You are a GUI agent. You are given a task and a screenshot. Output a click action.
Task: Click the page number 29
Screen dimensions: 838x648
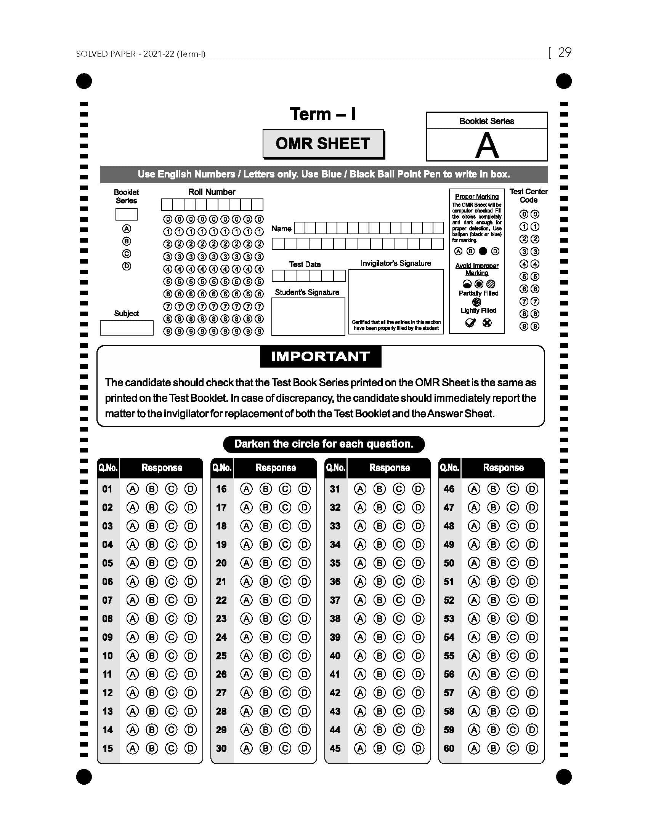pyautogui.click(x=564, y=52)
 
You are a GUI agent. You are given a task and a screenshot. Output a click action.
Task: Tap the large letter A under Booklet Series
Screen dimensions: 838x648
pyautogui.click(x=487, y=146)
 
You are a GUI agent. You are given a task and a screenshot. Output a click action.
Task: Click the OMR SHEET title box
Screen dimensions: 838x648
pyautogui.click(x=323, y=144)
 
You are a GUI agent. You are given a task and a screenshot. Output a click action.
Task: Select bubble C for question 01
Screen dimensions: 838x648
pyautogui.click(x=171, y=489)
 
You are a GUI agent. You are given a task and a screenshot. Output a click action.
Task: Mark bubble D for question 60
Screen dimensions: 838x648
pyautogui.click(x=532, y=748)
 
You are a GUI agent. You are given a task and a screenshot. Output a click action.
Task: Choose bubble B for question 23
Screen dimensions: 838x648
pyautogui.click(x=265, y=619)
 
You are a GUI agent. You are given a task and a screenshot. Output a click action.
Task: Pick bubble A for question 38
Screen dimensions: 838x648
pyautogui.click(x=360, y=619)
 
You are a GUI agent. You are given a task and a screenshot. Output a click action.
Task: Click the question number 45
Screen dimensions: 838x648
pyautogui.click(x=335, y=748)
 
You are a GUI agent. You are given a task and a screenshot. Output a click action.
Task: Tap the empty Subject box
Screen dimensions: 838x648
pyautogui.click(x=126, y=328)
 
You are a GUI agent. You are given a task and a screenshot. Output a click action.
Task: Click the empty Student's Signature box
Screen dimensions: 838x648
pyautogui.click(x=308, y=317)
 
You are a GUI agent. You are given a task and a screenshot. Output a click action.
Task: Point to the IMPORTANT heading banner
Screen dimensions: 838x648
pyautogui.click(x=320, y=357)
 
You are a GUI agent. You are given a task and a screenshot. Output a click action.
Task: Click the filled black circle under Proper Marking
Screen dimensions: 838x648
pyautogui.click(x=483, y=251)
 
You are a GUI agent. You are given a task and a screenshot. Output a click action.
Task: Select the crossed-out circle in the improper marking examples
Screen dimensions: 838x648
pyautogui.click(x=487, y=323)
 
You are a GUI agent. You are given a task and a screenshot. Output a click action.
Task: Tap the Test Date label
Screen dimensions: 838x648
pyautogui.click(x=305, y=264)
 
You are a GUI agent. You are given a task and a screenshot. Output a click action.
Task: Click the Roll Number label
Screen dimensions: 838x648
pyautogui.click(x=212, y=192)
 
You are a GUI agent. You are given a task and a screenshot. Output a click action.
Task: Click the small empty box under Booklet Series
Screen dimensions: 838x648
pyautogui.click(x=126, y=214)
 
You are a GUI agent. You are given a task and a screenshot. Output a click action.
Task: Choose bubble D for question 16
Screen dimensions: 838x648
pyautogui.click(x=305, y=489)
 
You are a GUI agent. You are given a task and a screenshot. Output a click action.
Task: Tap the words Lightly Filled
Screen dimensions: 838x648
pyautogui.click(x=478, y=310)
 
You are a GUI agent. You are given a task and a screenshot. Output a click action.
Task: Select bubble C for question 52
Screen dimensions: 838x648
pyautogui.click(x=512, y=600)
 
